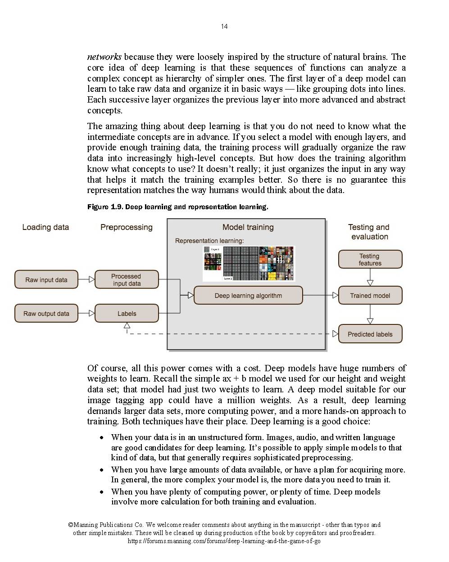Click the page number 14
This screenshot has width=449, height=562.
coord(224,27)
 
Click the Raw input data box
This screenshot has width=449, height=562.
coord(46,279)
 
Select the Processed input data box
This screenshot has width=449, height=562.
coord(127,279)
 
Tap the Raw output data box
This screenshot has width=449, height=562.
coord(46,314)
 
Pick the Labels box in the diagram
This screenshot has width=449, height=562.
coord(127,314)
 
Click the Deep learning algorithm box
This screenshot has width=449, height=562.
coord(248,296)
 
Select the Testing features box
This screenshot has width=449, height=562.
coord(370,260)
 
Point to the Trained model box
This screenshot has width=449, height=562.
coord(370,296)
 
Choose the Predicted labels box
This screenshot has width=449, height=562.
coord(370,334)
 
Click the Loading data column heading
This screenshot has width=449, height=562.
coord(45,227)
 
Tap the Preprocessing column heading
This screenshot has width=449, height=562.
coord(127,227)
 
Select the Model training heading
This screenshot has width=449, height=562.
coord(248,227)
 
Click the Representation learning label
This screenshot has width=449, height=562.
coord(209,241)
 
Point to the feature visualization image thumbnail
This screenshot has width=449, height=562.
coord(249,264)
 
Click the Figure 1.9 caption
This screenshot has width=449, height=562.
coord(177,207)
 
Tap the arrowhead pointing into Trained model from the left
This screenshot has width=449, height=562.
coord(336,296)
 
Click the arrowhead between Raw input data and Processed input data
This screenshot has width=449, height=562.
coord(92,279)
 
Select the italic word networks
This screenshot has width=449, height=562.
coord(104,57)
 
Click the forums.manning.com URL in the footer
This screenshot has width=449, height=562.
coord(224,541)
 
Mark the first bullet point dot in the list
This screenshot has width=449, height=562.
coord(102,437)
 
